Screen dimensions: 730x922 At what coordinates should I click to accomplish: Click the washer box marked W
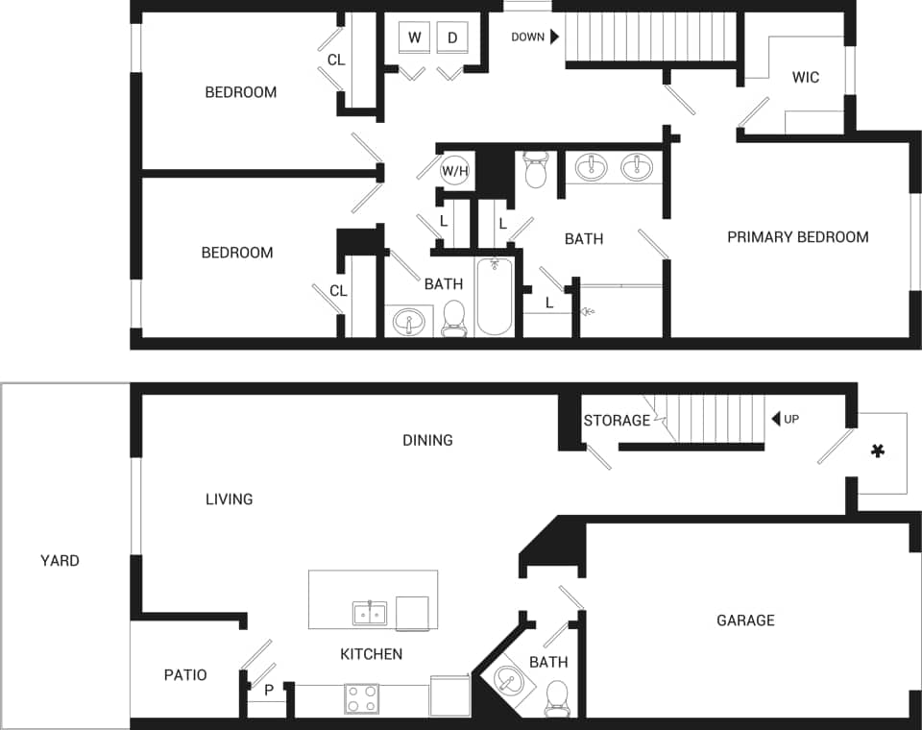415,37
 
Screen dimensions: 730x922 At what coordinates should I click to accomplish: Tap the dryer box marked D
452,37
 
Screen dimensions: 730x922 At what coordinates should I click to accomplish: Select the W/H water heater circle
455,172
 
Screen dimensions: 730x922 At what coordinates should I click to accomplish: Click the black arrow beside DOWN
554,37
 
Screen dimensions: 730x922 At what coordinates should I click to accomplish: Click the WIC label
806,77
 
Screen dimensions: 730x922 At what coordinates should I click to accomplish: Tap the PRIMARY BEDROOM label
797,237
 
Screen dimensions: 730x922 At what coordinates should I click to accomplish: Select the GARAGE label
745,620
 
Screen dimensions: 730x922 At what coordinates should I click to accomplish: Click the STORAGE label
617,421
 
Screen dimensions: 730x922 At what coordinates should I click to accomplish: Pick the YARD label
60,560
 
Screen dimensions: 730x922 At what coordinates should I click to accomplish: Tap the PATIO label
185,675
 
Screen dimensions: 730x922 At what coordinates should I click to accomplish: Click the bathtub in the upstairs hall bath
495,296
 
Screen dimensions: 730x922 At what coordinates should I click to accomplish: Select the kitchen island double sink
370,613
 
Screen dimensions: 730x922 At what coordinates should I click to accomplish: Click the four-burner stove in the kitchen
361,698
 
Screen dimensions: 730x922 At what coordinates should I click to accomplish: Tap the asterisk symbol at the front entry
877,451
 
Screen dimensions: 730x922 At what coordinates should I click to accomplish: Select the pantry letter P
269,690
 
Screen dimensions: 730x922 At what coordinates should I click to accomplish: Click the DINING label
427,440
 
